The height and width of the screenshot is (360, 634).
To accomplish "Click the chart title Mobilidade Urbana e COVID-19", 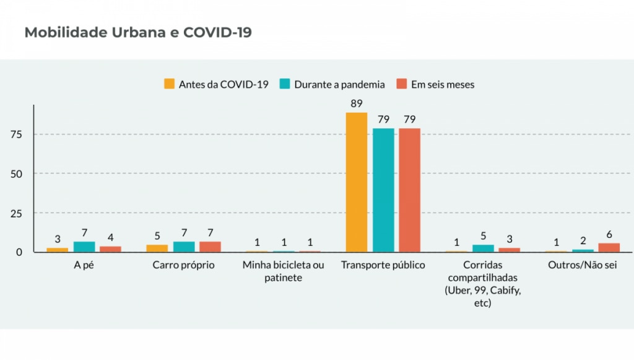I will pyautogui.click(x=138, y=33).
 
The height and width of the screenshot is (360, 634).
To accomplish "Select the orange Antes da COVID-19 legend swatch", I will pyautogui.click(x=169, y=84).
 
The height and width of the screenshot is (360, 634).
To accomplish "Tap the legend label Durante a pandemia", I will pyautogui.click(x=340, y=84).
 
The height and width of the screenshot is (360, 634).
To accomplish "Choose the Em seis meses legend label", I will pyautogui.click(x=443, y=84).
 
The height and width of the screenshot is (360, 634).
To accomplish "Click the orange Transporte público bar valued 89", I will pyautogui.click(x=357, y=182).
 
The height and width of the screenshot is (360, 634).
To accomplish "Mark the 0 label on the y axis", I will pyautogui.click(x=19, y=252).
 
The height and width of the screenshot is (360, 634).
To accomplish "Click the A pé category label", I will pyautogui.click(x=84, y=265).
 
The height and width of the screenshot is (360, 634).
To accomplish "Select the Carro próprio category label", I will pyautogui.click(x=183, y=265).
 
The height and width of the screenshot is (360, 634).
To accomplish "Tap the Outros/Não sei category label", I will pyautogui.click(x=583, y=265).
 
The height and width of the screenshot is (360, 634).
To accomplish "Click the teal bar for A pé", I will pyautogui.click(x=84, y=247).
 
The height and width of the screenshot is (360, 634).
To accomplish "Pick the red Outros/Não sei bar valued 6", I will pyautogui.click(x=609, y=248).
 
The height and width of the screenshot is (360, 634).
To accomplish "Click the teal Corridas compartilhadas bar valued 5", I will pyautogui.click(x=483, y=248).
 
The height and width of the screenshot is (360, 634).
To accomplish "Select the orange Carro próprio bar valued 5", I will pyautogui.click(x=157, y=248).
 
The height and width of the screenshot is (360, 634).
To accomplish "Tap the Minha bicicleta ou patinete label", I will pyautogui.click(x=283, y=271).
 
